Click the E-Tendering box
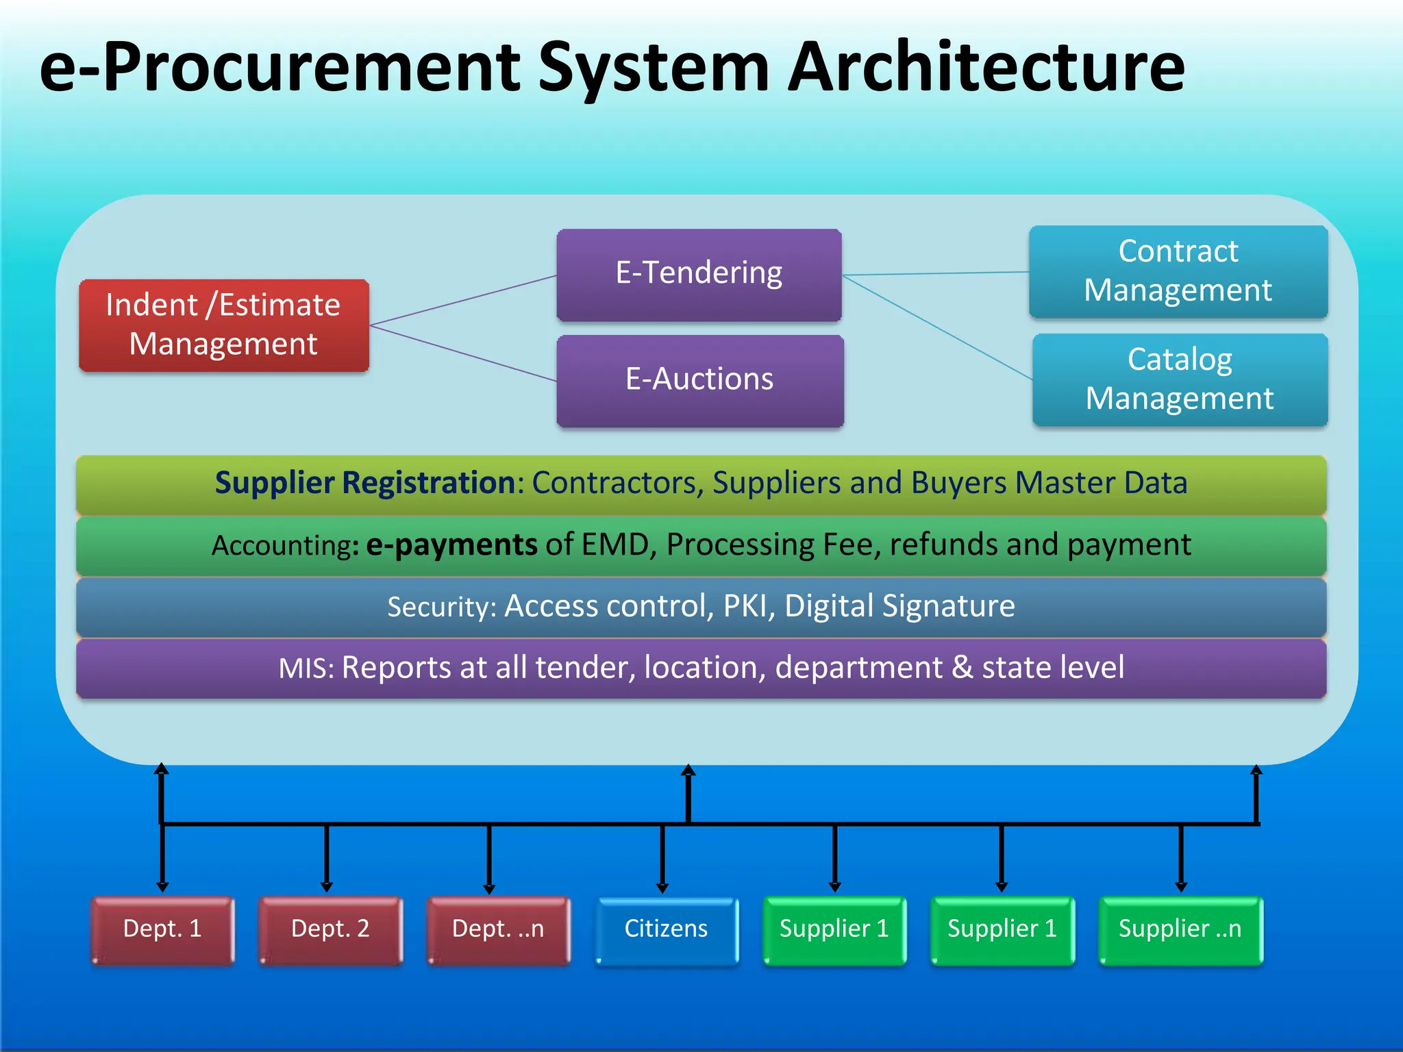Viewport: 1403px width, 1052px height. [699, 274]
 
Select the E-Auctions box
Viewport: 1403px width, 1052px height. [699, 380]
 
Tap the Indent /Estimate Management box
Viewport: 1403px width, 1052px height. [223, 325]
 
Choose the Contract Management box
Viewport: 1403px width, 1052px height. [1178, 271]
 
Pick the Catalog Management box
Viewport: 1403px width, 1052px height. [1179, 379]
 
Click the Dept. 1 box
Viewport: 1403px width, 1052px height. [162, 929]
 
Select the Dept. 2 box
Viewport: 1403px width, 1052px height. [330, 929]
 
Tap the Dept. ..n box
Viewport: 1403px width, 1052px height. [498, 929]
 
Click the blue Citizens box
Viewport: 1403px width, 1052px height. [666, 929]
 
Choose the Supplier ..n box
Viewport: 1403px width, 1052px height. [1180, 929]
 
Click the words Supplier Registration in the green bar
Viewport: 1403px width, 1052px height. [364, 483]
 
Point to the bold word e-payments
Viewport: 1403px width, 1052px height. [451, 545]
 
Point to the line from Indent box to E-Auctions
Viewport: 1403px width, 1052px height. [463, 353]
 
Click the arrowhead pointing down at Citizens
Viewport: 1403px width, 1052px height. [662, 888]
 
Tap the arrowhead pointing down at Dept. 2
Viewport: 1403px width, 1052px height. [327, 886]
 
